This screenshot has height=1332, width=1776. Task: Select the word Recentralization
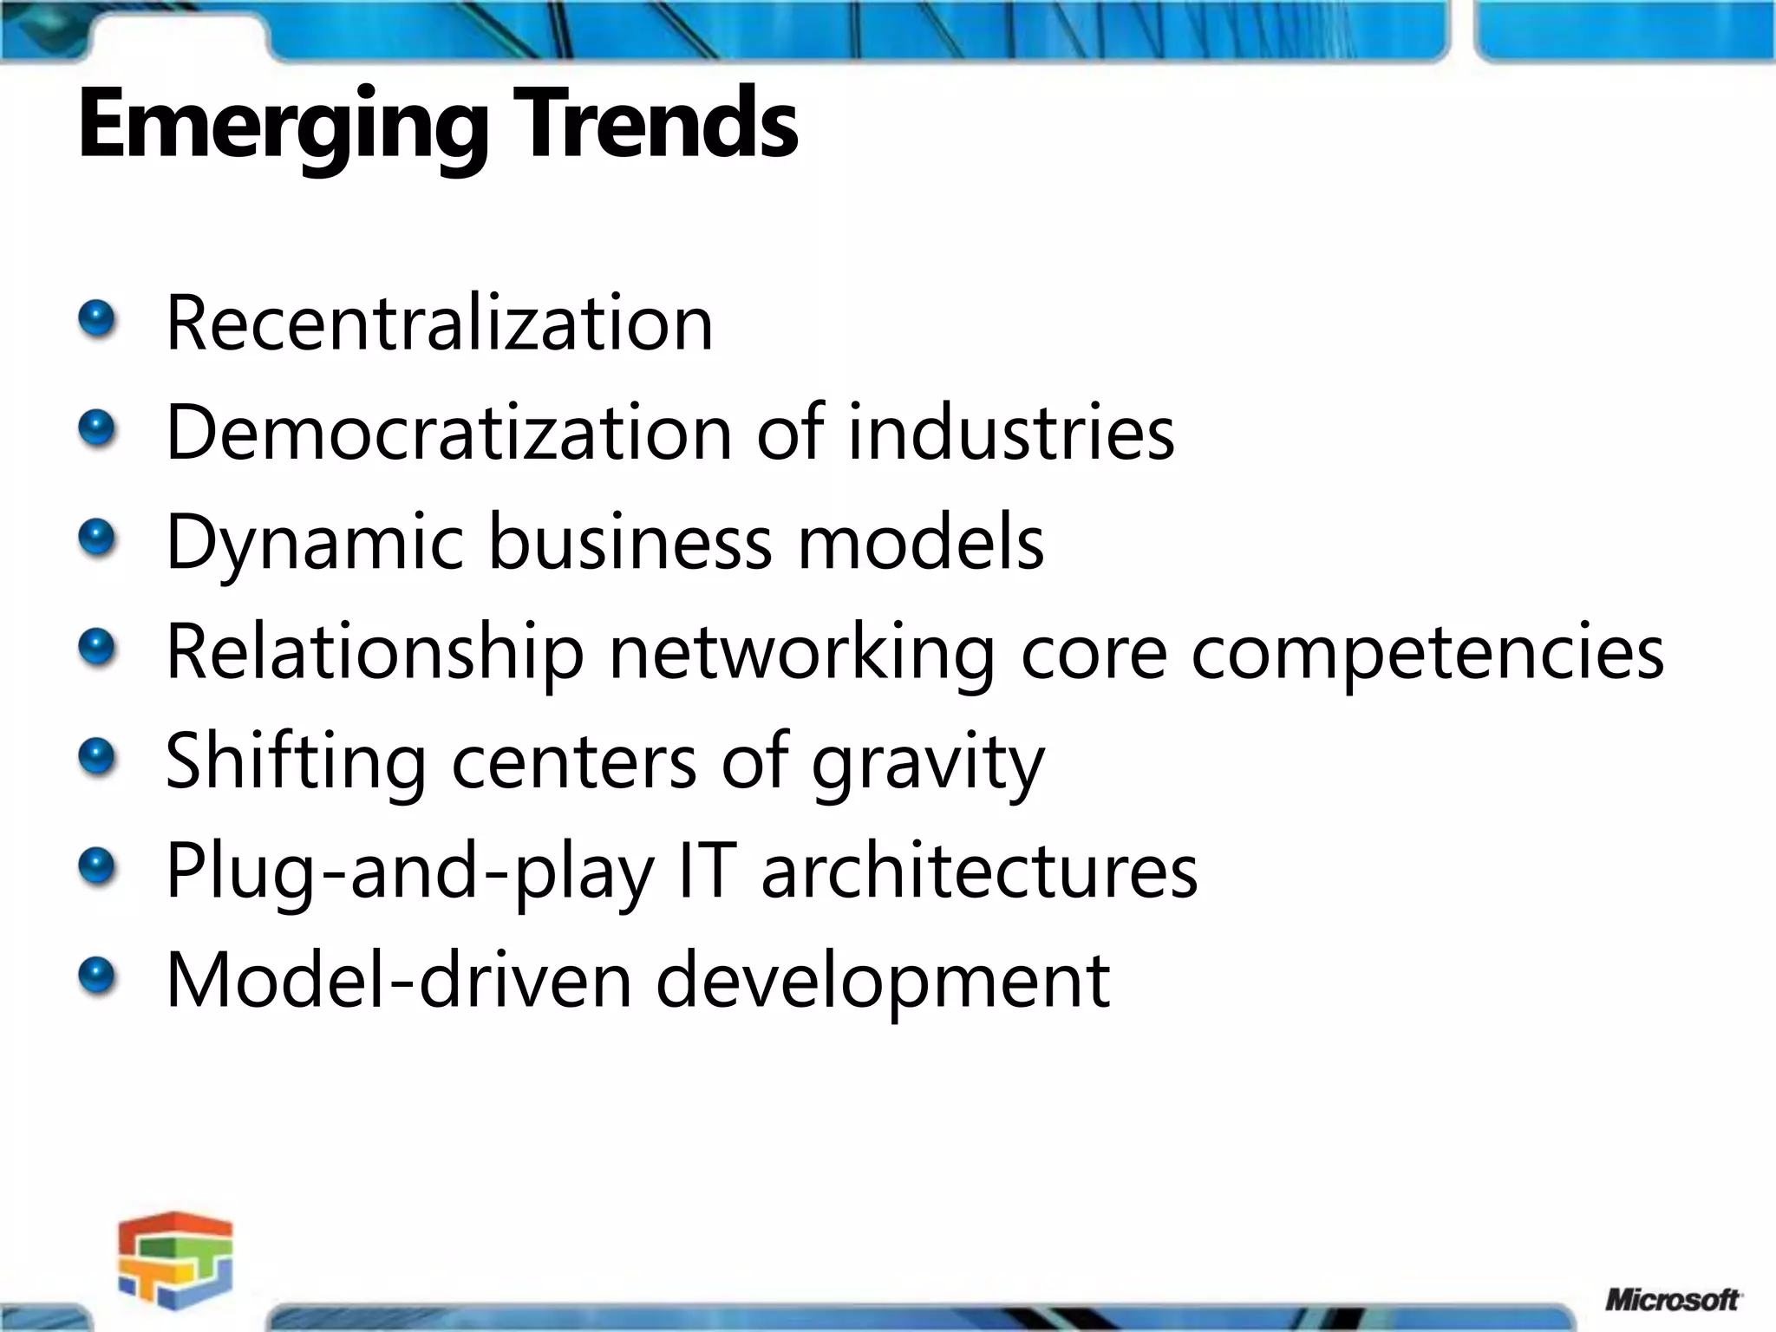[x=439, y=323]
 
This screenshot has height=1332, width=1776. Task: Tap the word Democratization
[x=449, y=432]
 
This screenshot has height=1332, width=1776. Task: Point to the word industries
[x=1010, y=432]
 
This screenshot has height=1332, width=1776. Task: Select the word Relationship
[x=375, y=652]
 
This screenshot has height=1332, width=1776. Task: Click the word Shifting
[x=295, y=761]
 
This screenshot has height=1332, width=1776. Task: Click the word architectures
[x=980, y=871]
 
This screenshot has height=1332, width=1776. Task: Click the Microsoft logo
[x=1672, y=1300]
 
